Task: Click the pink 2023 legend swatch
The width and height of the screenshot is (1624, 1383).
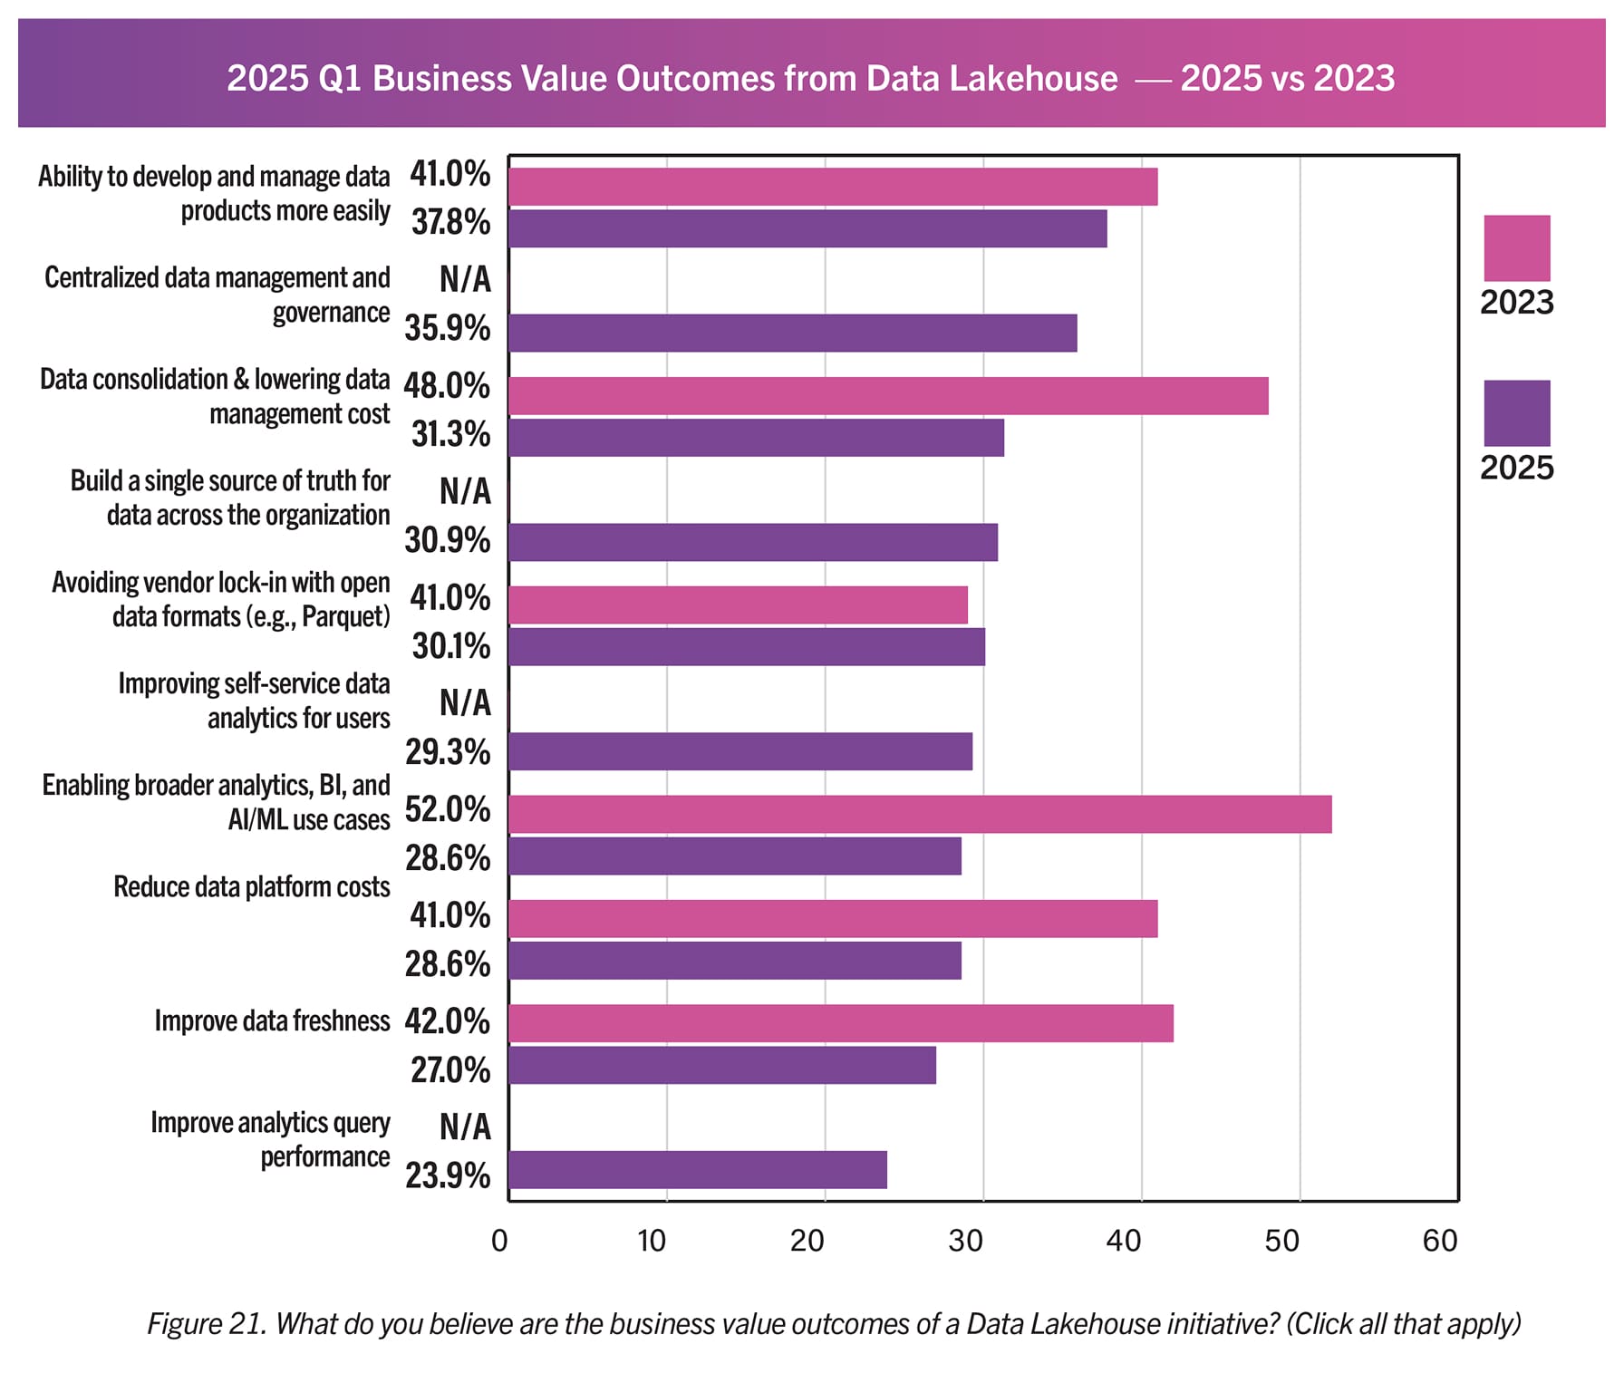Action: pyautogui.click(x=1516, y=247)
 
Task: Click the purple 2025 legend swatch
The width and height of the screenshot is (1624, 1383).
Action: pyautogui.click(x=1516, y=412)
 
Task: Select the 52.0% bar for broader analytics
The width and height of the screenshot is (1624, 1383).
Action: pyautogui.click(x=919, y=814)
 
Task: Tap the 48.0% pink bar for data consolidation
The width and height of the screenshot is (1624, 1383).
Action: pyautogui.click(x=887, y=396)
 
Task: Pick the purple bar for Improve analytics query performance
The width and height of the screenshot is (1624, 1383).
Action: pyautogui.click(x=697, y=1169)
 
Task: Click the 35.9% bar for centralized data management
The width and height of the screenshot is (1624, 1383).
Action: pyautogui.click(x=792, y=333)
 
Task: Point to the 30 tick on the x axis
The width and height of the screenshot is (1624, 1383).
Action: pyautogui.click(x=966, y=1240)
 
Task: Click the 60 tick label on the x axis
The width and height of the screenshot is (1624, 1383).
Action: pyautogui.click(x=1439, y=1240)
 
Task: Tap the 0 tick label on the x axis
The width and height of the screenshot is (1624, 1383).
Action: pyautogui.click(x=499, y=1240)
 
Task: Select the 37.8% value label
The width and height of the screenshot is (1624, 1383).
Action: pyautogui.click(x=450, y=222)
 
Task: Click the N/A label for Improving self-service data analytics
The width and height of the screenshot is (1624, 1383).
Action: pyautogui.click(x=465, y=702)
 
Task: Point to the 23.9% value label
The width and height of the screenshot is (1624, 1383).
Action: pyautogui.click(x=448, y=1175)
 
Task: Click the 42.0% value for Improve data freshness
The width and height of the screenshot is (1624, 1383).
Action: pyautogui.click(x=448, y=1021)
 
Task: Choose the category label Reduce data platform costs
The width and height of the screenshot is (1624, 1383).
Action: pyautogui.click(x=252, y=886)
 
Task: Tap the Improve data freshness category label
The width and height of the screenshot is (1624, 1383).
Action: pyautogui.click(x=272, y=1020)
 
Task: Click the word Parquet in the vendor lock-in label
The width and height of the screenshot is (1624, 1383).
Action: pyautogui.click(x=343, y=617)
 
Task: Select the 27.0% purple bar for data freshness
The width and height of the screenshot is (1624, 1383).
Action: pyautogui.click(x=721, y=1065)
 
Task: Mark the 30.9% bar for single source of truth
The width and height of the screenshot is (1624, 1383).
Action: pyautogui.click(x=752, y=542)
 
